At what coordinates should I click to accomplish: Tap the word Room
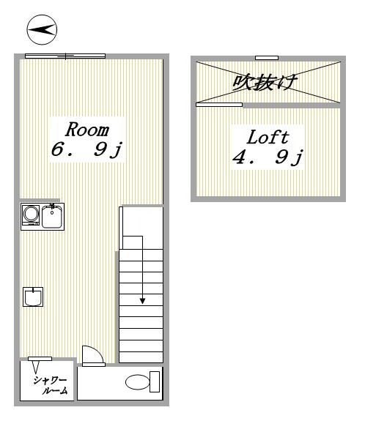click(87, 130)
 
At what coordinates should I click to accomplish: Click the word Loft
click(267, 137)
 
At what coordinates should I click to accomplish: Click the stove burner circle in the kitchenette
click(31, 215)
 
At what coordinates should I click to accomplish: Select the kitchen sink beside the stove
click(51, 216)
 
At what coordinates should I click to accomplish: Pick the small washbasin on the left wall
click(33, 297)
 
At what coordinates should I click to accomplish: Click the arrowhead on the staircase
click(142, 300)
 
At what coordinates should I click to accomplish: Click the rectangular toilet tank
click(154, 381)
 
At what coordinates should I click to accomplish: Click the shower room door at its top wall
click(40, 358)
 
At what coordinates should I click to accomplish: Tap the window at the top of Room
click(64, 56)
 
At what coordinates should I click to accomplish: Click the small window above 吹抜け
click(267, 58)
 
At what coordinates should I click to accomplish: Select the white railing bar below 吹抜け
click(219, 105)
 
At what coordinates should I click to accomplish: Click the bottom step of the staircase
click(141, 355)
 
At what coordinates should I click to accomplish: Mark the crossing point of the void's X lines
click(268, 81)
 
